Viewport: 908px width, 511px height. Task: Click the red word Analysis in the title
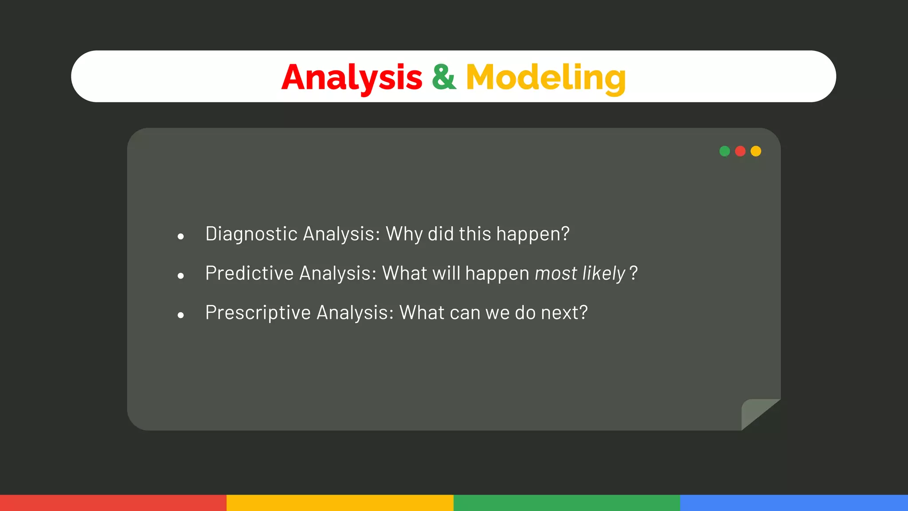(x=352, y=78)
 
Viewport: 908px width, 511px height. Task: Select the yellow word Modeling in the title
(x=545, y=78)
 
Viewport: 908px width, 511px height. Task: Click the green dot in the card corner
(x=724, y=151)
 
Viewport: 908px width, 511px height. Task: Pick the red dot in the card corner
(x=740, y=151)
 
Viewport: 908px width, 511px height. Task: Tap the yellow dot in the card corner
(x=756, y=151)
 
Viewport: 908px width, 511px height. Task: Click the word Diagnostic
(x=251, y=234)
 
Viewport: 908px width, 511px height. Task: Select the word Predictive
(x=249, y=273)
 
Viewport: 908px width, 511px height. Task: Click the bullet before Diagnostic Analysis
(x=180, y=236)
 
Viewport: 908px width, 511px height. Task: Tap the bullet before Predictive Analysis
(x=180, y=276)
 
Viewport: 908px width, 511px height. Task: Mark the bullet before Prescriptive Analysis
(x=180, y=315)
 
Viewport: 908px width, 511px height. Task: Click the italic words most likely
(x=580, y=273)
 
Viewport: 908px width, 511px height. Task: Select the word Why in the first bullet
(x=404, y=234)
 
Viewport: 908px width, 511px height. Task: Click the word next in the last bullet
(x=560, y=313)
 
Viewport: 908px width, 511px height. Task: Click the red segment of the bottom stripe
(x=113, y=503)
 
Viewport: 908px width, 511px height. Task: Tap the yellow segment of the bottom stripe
(x=340, y=503)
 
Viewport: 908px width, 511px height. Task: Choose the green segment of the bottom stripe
(x=567, y=503)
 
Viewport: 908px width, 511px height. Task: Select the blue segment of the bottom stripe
(x=794, y=503)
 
